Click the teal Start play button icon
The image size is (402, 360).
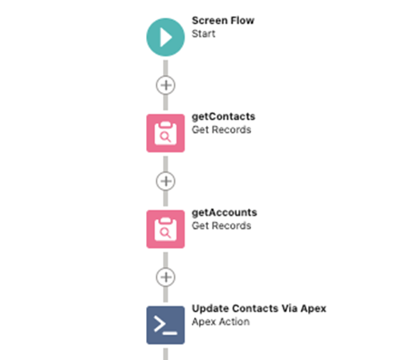coord(165,37)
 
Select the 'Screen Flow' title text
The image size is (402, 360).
coord(223,21)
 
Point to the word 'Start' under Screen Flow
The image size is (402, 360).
coord(204,34)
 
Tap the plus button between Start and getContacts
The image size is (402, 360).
coord(165,85)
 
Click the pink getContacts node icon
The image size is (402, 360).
coord(165,133)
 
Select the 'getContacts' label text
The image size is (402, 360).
coord(224,117)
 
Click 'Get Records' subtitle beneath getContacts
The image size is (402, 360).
coord(221,130)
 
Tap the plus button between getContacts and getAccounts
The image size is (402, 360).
coord(165,181)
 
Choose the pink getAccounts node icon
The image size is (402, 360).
coord(165,229)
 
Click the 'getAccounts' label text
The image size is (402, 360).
coord(225,212)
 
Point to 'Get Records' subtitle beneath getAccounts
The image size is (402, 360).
coord(221,225)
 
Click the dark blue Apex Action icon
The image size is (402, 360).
coord(165,325)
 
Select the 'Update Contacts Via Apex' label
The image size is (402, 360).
coord(259,309)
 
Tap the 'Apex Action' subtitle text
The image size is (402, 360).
coord(221,322)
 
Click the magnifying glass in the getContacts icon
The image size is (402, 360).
coord(165,137)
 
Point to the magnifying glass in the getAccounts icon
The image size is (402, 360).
coord(165,233)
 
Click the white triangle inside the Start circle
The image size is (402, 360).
coord(166,37)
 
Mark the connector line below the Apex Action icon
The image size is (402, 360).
coord(165,354)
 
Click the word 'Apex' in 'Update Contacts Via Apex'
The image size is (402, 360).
coord(314,309)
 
